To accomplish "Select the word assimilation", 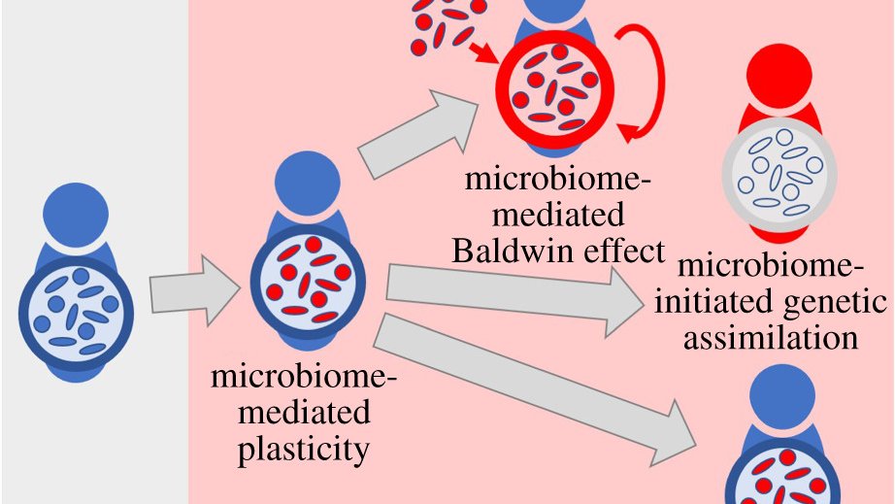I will point(771,337).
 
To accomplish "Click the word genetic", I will point(837,304).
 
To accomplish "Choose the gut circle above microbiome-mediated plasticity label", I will point(307,282).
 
